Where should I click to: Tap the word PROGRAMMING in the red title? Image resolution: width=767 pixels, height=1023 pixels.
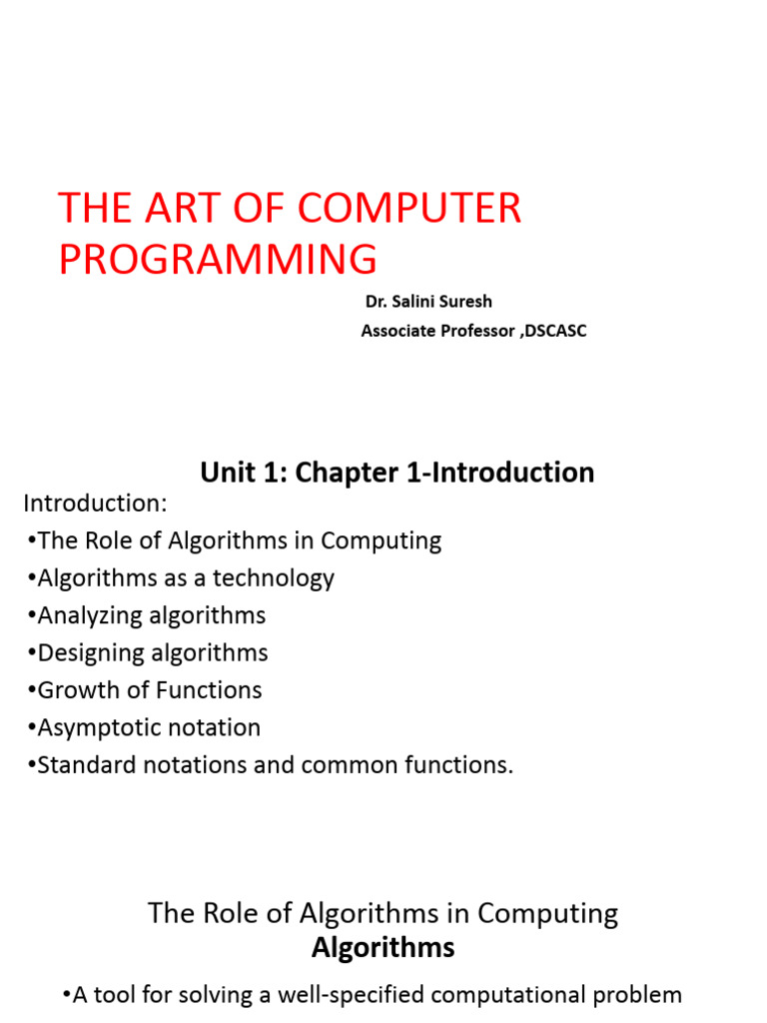(x=218, y=260)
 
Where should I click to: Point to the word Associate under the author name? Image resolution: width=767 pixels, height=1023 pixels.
(x=398, y=332)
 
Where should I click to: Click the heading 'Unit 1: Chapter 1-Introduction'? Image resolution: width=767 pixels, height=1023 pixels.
(x=397, y=473)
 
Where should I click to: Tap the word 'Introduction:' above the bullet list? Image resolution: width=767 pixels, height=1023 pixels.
(x=95, y=503)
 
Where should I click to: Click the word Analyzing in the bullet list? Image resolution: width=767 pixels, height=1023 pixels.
(x=91, y=615)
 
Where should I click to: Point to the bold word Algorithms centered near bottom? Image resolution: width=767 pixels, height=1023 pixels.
(x=383, y=948)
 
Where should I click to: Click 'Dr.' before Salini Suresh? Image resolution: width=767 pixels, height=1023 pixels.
(x=377, y=302)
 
